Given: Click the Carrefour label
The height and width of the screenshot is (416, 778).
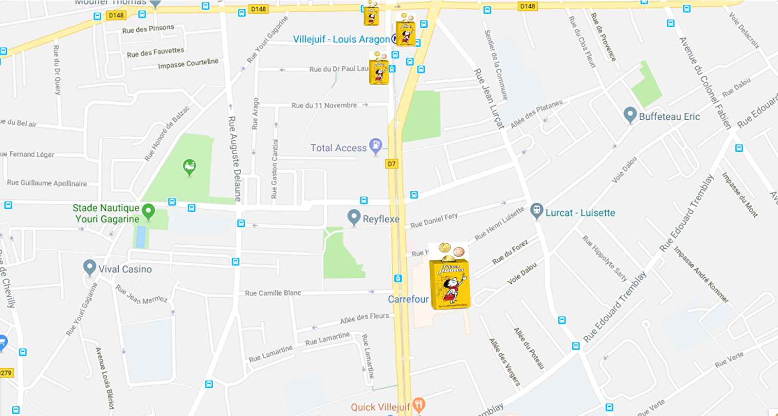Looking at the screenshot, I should click(x=408, y=299).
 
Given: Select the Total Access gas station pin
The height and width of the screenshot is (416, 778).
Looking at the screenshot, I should click(x=375, y=145).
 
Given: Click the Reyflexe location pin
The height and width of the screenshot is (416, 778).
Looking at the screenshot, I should click(x=354, y=217).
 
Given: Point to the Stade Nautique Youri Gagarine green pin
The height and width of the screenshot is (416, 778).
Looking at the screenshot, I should click(x=148, y=212).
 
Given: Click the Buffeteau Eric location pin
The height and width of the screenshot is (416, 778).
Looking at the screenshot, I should click(x=630, y=115).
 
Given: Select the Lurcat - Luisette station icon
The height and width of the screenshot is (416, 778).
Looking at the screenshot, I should click(x=536, y=211).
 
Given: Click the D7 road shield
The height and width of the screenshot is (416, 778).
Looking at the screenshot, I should click(x=392, y=164).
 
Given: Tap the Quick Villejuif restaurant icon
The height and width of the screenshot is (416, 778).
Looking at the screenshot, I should click(x=418, y=404).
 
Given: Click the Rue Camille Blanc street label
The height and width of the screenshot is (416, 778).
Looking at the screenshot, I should click(x=273, y=293).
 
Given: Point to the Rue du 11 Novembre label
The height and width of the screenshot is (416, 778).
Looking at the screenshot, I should click(x=324, y=105).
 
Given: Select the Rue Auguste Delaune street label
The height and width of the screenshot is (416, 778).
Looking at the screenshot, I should click(x=235, y=159).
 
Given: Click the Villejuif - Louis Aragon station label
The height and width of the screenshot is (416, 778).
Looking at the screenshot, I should click(x=341, y=39).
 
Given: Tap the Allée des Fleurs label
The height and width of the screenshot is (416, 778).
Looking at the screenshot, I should click(x=364, y=318).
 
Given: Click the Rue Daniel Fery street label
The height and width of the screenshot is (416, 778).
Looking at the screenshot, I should click(x=434, y=220).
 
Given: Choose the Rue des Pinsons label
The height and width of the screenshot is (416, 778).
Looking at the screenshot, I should click(x=148, y=29).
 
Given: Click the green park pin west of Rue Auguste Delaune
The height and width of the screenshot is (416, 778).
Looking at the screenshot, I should click(x=189, y=167).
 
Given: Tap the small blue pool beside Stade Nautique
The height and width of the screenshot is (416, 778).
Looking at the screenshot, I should click(x=141, y=237).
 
